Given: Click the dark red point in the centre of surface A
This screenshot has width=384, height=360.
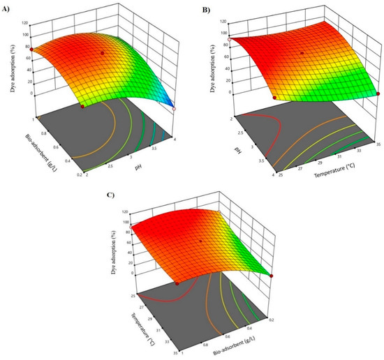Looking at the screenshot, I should (x=102, y=53).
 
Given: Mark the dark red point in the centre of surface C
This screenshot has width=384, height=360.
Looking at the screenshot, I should (x=201, y=241).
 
